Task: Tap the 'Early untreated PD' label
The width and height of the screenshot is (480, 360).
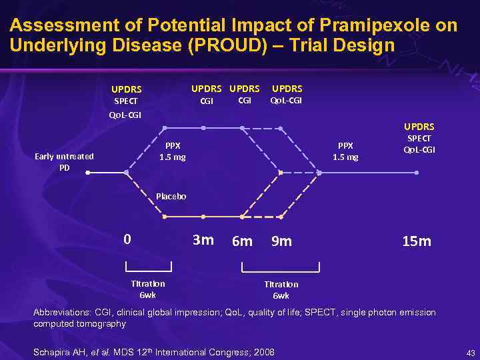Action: [65, 162]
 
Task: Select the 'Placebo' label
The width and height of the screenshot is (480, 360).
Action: [171, 196]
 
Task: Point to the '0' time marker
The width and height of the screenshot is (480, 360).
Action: [128, 239]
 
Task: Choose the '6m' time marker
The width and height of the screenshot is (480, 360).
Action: [241, 241]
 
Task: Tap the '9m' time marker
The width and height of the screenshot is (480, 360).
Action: [281, 241]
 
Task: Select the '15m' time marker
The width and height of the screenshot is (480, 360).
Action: [417, 241]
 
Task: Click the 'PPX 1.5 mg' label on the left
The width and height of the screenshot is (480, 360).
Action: [172, 151]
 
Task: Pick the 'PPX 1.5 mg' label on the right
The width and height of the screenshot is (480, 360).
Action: [345, 151]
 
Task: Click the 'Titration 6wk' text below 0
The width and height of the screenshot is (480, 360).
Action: [148, 289]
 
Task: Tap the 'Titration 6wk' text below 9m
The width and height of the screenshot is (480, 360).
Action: [281, 289]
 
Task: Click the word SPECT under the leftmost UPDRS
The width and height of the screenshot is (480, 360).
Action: [125, 101]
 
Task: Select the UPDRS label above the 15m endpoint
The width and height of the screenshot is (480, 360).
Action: [419, 126]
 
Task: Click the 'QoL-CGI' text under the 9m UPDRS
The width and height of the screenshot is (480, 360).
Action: [286, 101]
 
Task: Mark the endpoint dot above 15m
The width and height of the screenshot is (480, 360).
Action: [417, 173]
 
